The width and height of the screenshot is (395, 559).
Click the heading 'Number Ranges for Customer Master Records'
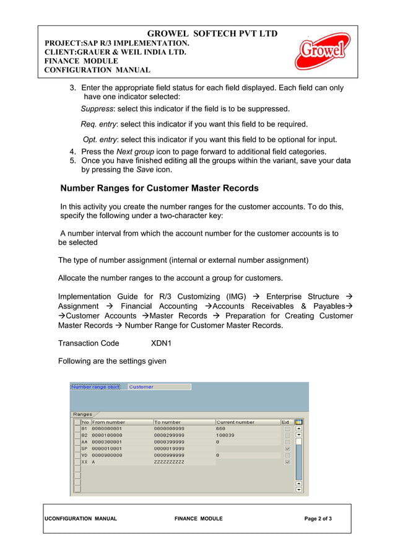tap(159, 188)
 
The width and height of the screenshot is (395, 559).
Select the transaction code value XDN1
tap(161, 343)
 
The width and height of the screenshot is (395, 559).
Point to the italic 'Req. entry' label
tap(98, 124)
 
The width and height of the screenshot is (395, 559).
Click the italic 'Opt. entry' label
tap(101, 139)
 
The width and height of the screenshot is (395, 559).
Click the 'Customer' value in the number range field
tap(141, 387)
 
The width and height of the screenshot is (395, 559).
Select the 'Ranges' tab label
tap(82, 414)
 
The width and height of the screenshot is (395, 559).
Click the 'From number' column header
tap(108, 422)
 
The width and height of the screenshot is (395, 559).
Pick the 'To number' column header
tap(167, 422)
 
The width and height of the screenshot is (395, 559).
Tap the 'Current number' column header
tap(235, 422)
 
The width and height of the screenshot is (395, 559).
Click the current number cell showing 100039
tap(225, 435)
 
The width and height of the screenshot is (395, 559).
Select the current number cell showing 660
tap(220, 428)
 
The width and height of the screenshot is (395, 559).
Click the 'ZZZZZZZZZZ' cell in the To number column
tap(169, 462)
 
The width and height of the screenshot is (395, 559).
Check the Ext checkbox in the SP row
tap(287, 449)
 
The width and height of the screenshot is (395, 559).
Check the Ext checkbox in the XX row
tap(287, 462)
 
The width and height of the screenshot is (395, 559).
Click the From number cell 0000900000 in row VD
tap(107, 456)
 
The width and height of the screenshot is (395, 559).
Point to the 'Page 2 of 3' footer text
tap(318, 519)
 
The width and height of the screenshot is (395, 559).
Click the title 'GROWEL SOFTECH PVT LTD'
tap(212, 33)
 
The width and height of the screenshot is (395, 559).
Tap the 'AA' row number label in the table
tap(85, 442)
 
